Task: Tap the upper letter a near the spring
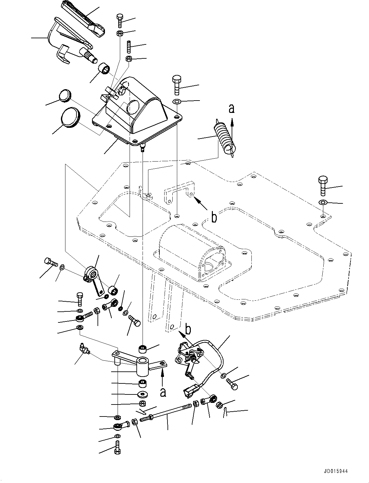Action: tap(231, 108)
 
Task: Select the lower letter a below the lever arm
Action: tap(163, 392)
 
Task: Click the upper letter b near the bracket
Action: tap(214, 218)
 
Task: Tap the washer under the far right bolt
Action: tap(323, 203)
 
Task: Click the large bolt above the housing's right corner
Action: tap(177, 84)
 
